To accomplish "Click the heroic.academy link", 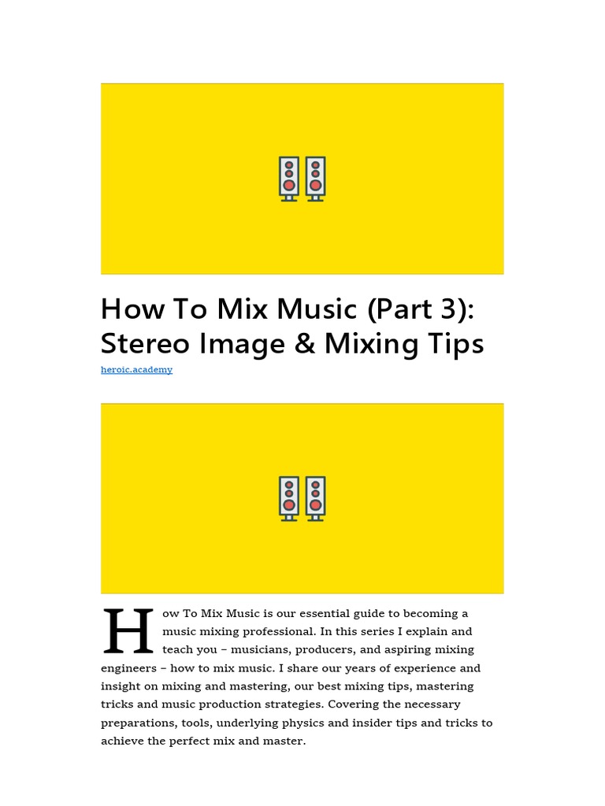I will tap(136, 370).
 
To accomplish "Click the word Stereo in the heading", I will tap(149, 344).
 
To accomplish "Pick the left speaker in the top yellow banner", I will tap(289, 179).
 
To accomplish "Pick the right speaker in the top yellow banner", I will tap(315, 179).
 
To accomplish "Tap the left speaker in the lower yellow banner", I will tap(289, 498).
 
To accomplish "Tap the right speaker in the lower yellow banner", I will tap(315, 498).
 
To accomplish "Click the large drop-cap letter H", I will tap(128, 631).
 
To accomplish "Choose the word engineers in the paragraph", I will tap(127, 668).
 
